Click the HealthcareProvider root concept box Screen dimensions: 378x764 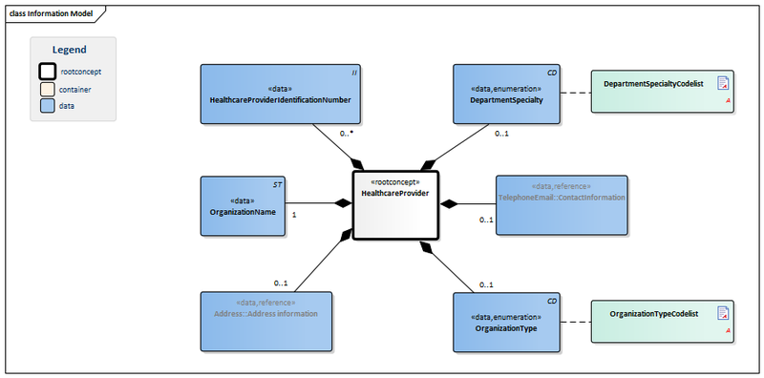395,203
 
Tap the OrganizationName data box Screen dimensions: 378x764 244,206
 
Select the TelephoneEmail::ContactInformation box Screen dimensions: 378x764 562,203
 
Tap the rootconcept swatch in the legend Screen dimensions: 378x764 48,71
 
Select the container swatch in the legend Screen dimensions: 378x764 48,89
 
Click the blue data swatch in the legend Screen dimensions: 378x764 48,106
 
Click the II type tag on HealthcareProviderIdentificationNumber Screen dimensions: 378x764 354,73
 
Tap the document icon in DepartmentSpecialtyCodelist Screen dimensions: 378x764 724,84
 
